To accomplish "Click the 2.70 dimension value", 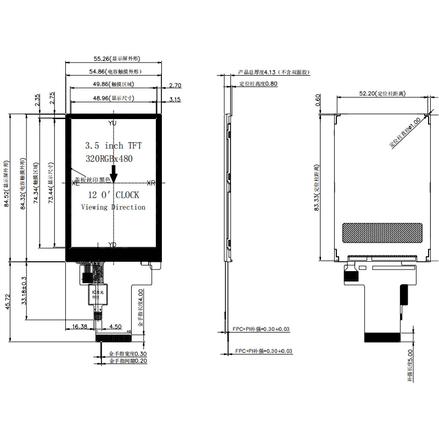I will (x=176, y=85).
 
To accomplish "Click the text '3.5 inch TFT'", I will (x=113, y=145).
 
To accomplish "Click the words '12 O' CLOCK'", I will (x=114, y=195).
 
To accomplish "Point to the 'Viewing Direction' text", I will (x=113, y=207).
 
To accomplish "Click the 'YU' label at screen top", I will (x=112, y=123).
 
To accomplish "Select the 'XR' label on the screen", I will (x=151, y=183).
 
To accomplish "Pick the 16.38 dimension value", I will (x=81, y=327).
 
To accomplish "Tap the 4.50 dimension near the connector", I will (x=115, y=327).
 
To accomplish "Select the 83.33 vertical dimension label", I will (x=317, y=187).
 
